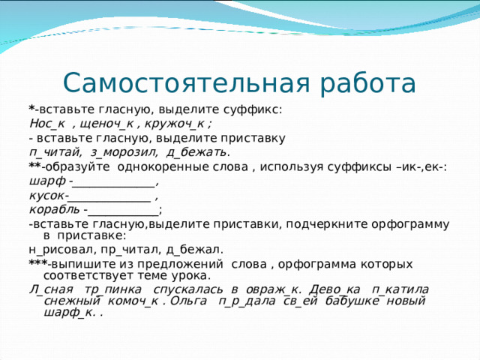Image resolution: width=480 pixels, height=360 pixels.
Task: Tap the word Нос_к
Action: pyautogui.click(x=46, y=124)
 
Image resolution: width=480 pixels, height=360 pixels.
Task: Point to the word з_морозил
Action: pyautogui.click(x=124, y=152)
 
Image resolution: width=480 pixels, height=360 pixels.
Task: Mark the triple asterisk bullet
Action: pyautogui.click(x=37, y=264)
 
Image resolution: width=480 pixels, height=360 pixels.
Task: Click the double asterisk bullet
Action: pyautogui.click(x=34, y=166)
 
